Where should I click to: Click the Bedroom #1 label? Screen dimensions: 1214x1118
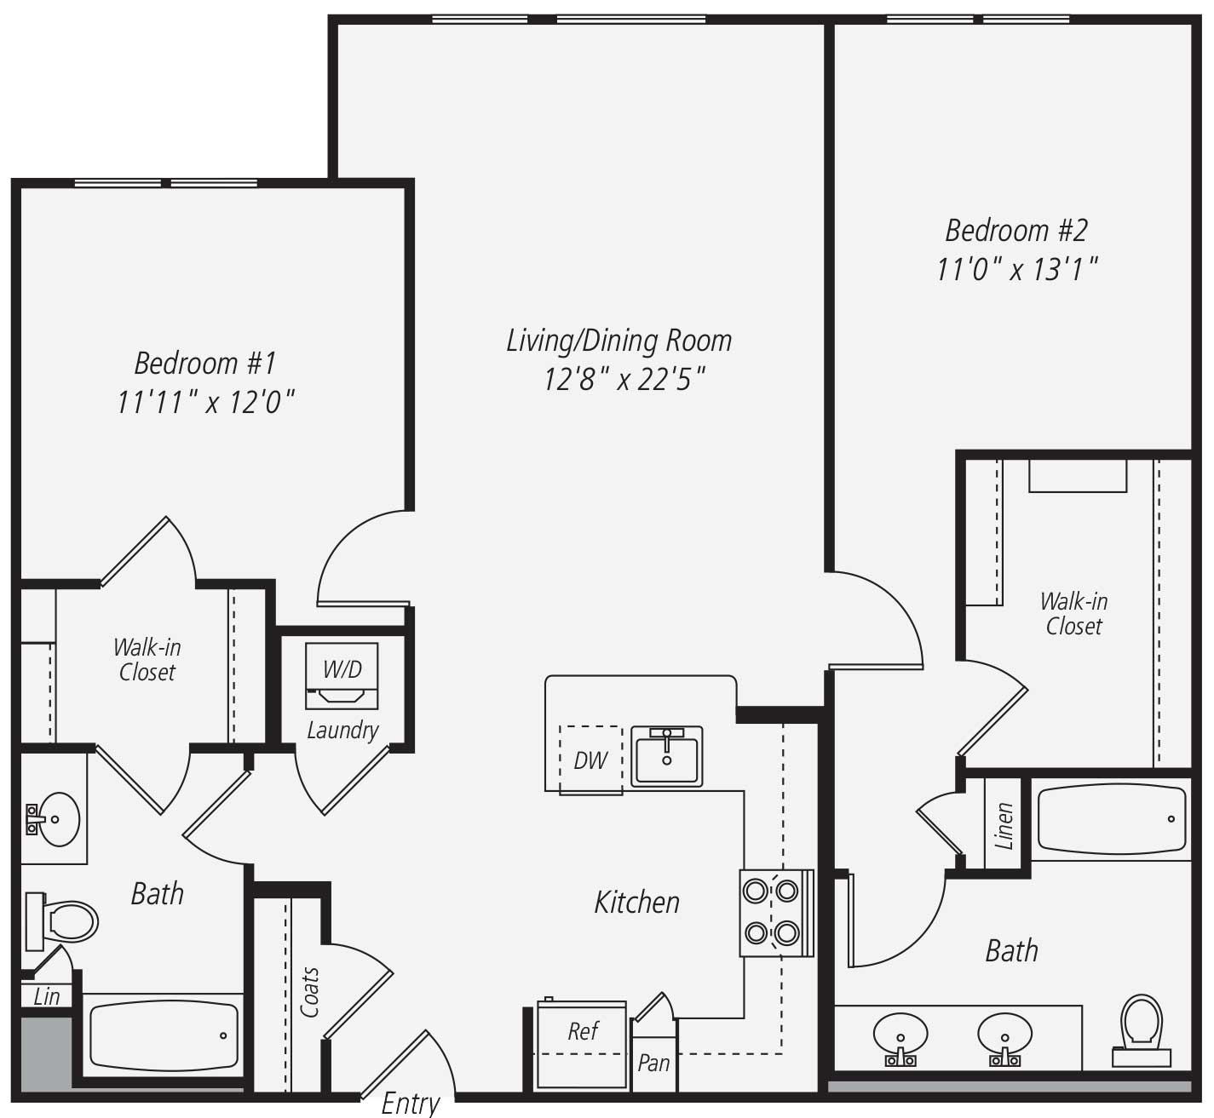point(205,363)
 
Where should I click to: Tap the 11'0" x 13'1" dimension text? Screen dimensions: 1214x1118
point(1016,268)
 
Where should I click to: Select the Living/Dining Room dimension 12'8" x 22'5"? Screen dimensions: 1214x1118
point(624,379)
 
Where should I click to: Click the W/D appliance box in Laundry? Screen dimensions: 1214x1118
point(342,676)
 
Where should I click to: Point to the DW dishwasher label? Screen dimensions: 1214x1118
point(590,760)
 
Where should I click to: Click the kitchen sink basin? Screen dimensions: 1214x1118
point(667,756)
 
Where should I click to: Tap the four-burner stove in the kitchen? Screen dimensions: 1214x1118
point(776,913)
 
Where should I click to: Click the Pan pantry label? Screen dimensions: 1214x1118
point(653,1063)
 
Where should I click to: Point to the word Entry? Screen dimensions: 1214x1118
point(411,1103)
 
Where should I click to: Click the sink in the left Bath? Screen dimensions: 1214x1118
point(54,818)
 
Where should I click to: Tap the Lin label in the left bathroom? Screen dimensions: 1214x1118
point(47,996)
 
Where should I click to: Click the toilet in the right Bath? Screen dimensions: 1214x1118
point(1142,1030)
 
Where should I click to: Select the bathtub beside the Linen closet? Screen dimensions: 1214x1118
point(1113,818)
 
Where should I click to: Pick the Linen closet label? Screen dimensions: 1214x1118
point(1004,826)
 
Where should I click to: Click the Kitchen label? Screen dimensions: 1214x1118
point(636,902)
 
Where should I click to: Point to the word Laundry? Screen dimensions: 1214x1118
point(342,731)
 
